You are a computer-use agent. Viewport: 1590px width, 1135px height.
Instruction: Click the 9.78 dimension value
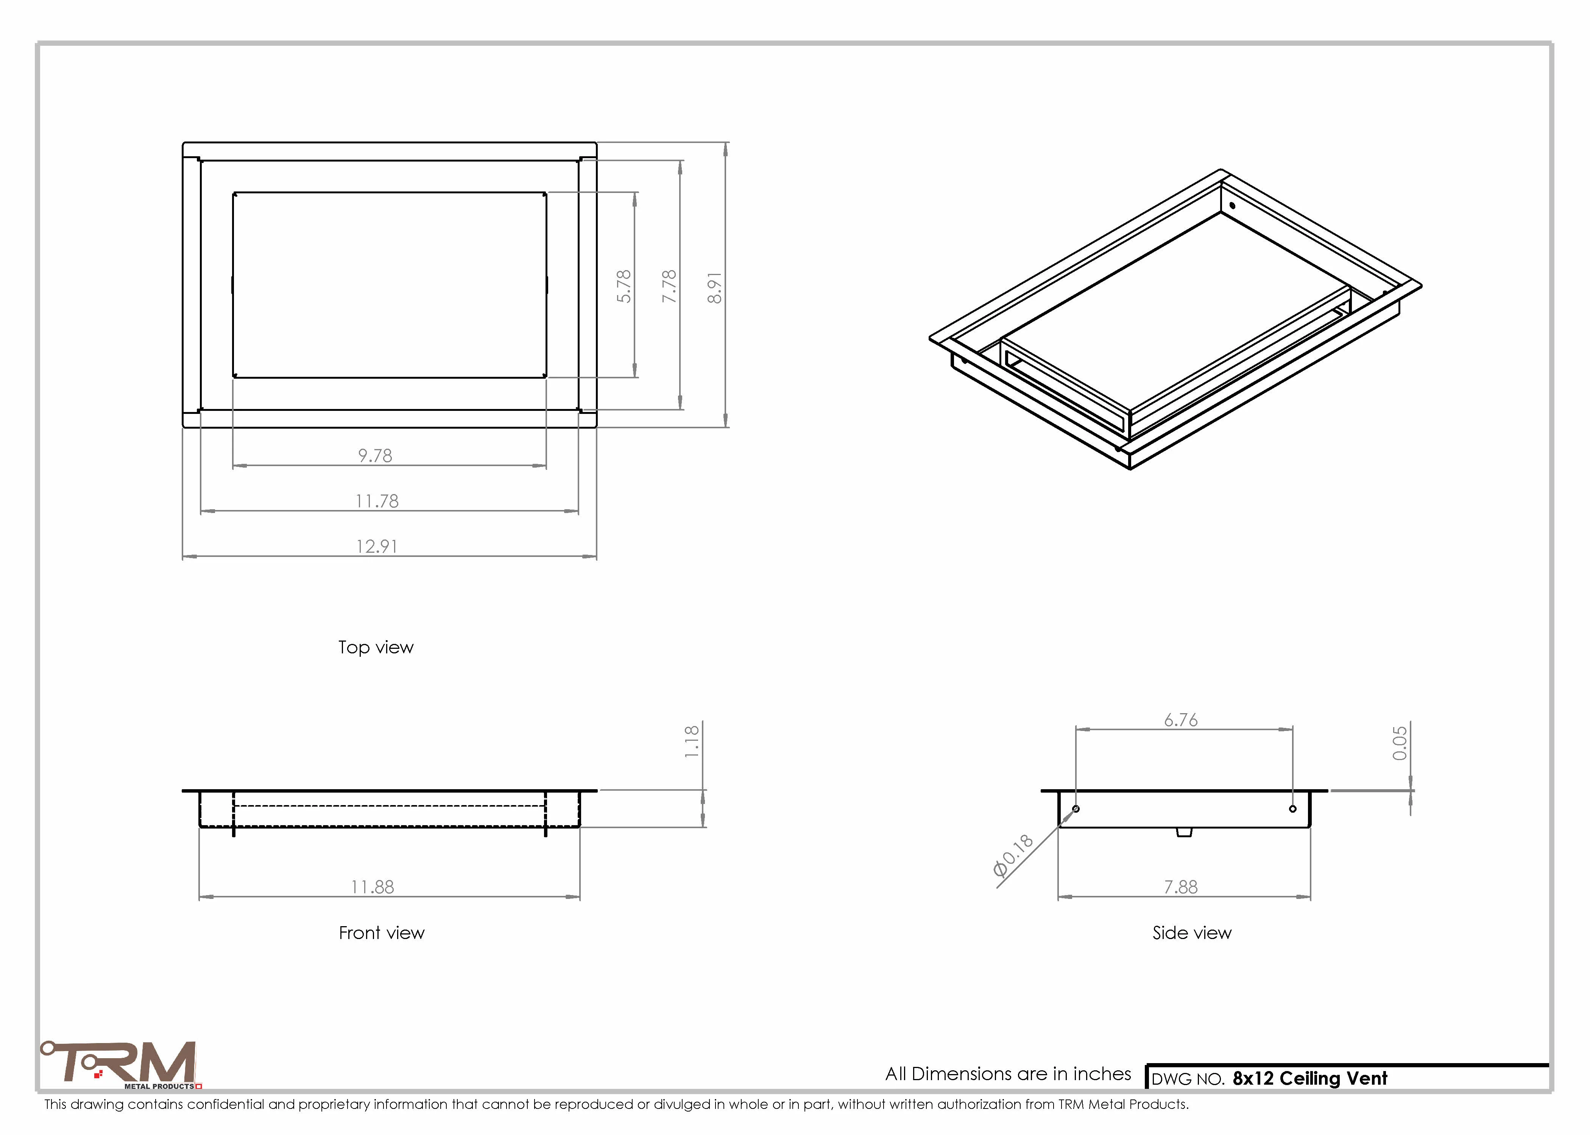tap(376, 456)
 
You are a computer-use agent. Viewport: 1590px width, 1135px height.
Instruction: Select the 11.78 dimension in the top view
tap(377, 501)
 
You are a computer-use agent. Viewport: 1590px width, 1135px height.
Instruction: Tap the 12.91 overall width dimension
tap(377, 547)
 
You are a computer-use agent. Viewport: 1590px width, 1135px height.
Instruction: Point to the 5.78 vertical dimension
tap(624, 286)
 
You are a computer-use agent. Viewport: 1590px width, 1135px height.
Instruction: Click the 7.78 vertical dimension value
tap(669, 286)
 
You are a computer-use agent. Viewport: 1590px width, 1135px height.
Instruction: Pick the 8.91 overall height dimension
tap(715, 287)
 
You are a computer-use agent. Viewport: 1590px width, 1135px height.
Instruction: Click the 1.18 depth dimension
tap(692, 742)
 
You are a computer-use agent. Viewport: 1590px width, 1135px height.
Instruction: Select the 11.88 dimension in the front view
tap(373, 887)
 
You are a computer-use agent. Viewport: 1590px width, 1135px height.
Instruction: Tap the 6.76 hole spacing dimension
tap(1181, 720)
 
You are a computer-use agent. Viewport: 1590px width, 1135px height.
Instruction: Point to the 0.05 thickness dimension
tap(1400, 743)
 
